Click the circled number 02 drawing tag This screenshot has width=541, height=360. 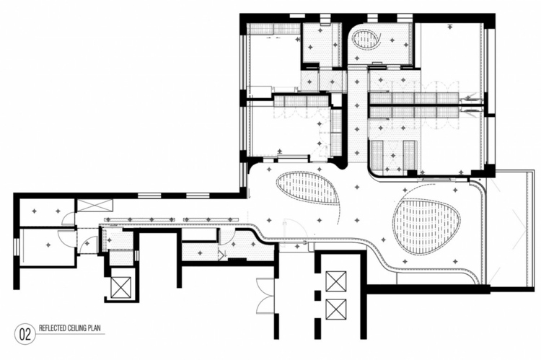[25, 334]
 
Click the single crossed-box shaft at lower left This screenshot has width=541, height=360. [121, 287]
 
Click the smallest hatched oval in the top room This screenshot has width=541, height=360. [366, 39]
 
